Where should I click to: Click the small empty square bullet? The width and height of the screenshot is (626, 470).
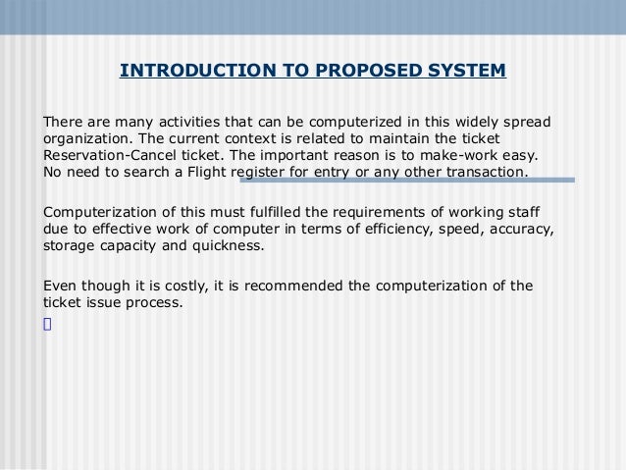pos(46,323)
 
